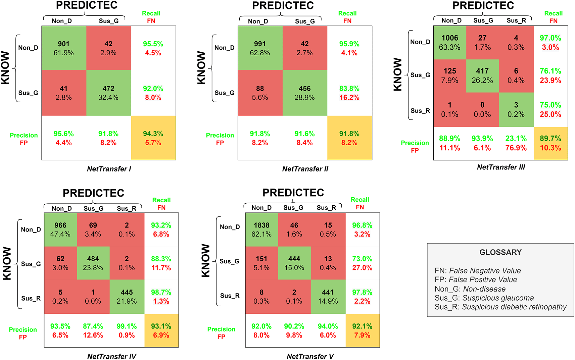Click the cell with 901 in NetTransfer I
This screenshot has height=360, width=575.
click(x=64, y=48)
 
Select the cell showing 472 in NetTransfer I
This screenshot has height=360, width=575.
click(x=108, y=93)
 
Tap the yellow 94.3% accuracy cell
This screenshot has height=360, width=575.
click(x=153, y=138)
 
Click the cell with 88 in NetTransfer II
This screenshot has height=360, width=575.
click(x=260, y=93)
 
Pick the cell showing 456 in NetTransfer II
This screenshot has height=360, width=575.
click(x=304, y=93)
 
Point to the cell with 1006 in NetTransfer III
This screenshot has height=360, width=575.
click(x=450, y=43)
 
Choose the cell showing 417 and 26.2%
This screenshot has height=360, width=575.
click(x=482, y=75)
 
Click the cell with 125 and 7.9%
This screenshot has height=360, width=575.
click(x=450, y=75)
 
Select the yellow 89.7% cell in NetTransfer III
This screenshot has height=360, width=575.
click(x=550, y=143)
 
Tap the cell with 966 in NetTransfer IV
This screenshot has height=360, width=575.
click(x=60, y=229)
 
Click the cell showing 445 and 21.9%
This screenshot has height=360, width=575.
click(x=127, y=297)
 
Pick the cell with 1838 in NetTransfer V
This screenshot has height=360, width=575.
click(x=261, y=229)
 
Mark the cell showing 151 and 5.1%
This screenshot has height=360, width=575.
click(x=261, y=263)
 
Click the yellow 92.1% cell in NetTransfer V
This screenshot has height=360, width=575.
click(x=362, y=330)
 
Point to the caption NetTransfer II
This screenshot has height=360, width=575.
click(x=305, y=169)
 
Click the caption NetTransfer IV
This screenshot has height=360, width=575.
click(x=112, y=356)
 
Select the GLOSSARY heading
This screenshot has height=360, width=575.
click(x=500, y=252)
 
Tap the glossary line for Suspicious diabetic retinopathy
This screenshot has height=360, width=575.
click(x=500, y=307)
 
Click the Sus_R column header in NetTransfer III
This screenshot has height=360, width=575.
click(x=516, y=20)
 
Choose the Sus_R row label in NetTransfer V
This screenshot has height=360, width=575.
click(x=230, y=296)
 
